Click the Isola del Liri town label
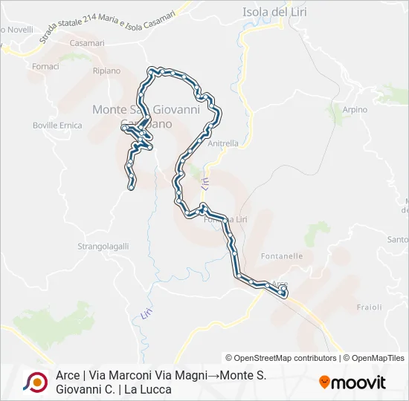click(274, 11)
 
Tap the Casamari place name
click(86, 43)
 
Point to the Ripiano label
click(106, 71)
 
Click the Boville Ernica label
click(57, 125)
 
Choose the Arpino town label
click(355, 109)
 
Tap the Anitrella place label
click(223, 143)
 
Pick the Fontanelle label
click(282, 255)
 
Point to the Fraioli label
click(370, 307)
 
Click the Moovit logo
click(352, 382)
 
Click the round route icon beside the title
click(35, 382)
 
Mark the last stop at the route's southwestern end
click(131, 187)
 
